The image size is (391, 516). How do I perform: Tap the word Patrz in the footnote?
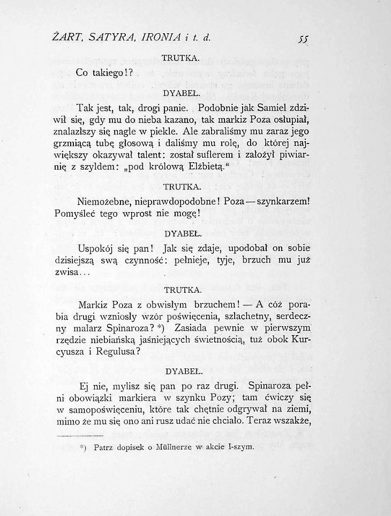tap(105, 447)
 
